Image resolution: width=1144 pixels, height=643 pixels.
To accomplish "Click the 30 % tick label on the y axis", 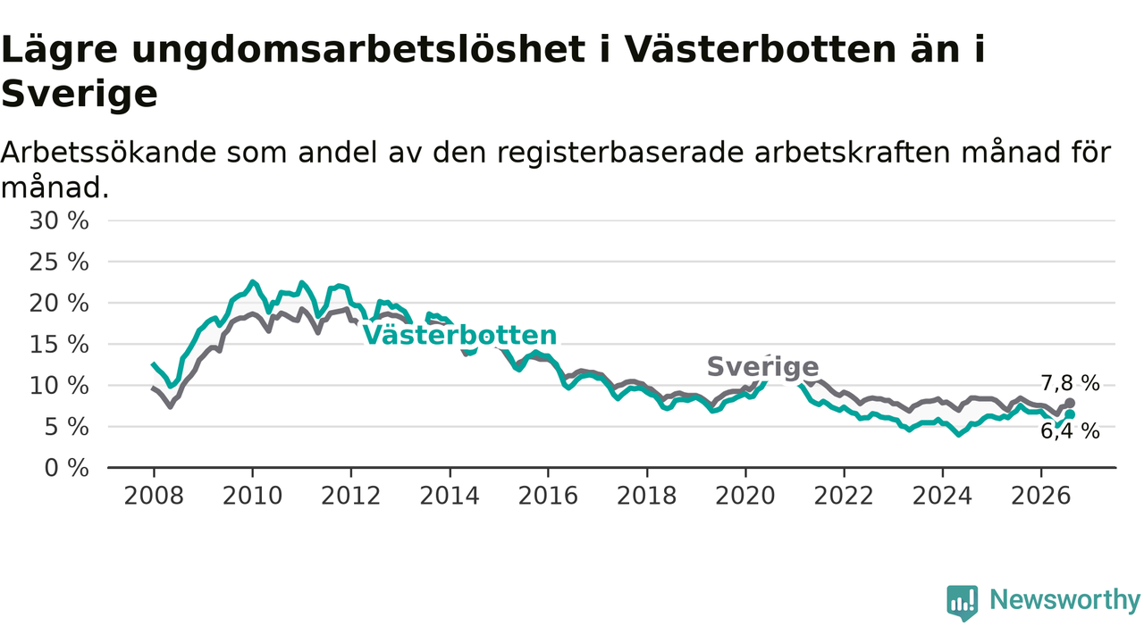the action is click(x=59, y=221).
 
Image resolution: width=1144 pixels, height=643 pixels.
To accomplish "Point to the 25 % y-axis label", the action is click(x=59, y=263).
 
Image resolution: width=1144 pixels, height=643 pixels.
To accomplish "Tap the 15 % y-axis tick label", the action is click(x=59, y=345).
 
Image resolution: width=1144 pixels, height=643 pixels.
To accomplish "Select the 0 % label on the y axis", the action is click(x=66, y=468).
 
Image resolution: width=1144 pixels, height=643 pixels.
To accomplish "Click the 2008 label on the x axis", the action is click(x=154, y=496).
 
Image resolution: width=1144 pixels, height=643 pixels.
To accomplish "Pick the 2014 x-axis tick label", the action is click(x=450, y=496).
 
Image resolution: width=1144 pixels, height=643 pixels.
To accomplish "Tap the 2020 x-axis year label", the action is click(x=745, y=496).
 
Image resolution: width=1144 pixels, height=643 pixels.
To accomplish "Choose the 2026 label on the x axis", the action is click(x=1041, y=496).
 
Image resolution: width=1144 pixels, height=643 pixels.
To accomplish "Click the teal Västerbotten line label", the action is click(x=459, y=335).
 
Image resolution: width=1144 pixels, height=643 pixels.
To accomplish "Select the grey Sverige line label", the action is click(x=763, y=367).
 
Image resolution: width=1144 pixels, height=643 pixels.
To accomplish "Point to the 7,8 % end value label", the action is click(x=1071, y=383).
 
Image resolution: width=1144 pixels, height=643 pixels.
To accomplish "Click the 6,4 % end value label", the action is click(x=1071, y=431).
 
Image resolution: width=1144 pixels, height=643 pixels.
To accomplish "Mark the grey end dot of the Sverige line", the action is click(x=1070, y=403).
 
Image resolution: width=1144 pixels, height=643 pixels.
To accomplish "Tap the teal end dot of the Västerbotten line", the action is click(x=1070, y=414).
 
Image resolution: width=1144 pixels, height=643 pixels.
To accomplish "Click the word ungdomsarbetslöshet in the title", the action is click(x=358, y=51).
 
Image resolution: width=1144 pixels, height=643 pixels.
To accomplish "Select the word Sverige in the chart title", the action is click(x=80, y=95).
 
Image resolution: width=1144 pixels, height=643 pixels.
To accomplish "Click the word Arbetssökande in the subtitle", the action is click(x=109, y=153).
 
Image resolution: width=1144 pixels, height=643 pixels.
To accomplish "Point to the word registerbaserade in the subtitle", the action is click(x=620, y=153).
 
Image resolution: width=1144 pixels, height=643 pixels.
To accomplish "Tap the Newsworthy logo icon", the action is click(x=963, y=603).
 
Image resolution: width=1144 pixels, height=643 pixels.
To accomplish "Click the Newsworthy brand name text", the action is click(x=1065, y=600).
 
